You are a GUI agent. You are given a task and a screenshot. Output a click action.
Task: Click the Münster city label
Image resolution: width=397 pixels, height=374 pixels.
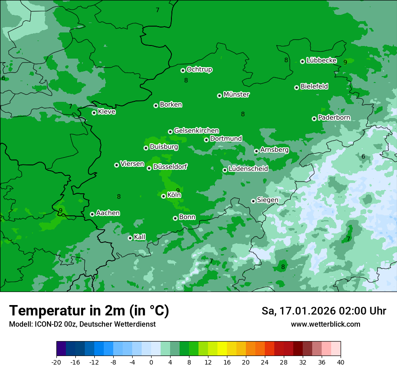[236, 95]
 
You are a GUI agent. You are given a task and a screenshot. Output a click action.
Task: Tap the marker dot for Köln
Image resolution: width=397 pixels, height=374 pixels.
[163, 196]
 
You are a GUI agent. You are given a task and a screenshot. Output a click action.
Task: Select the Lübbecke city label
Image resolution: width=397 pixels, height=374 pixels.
[321, 60]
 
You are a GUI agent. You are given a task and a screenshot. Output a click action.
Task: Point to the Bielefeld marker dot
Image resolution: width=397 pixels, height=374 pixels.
[296, 87]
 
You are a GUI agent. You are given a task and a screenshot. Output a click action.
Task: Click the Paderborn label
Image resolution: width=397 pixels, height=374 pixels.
[334, 118]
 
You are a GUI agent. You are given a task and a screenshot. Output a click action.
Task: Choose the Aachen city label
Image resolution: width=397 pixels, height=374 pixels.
[108, 213]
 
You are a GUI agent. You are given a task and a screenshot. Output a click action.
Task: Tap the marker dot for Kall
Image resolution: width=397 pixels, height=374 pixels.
[130, 238]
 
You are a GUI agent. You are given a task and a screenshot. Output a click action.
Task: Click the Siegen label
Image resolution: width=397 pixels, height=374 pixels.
[268, 200]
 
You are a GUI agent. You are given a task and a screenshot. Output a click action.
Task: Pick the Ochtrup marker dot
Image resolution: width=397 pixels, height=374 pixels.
[183, 70]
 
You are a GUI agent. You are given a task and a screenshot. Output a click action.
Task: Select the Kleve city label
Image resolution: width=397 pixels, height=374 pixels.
[106, 112]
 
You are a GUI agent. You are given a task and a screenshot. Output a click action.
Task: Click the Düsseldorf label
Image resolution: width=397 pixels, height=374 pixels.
[170, 167]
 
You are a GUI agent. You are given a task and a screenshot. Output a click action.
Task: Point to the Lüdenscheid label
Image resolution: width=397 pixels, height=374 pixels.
[248, 169]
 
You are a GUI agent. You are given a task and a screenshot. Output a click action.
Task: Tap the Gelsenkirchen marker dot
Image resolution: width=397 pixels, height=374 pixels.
[170, 132]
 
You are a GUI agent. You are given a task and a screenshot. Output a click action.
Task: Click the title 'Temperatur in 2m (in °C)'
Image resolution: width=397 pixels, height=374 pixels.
[89, 310]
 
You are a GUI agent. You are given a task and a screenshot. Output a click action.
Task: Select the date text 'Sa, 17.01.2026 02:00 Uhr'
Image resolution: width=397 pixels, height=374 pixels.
[323, 311]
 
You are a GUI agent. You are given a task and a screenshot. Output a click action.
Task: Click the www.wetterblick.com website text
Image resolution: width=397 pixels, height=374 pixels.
[325, 324]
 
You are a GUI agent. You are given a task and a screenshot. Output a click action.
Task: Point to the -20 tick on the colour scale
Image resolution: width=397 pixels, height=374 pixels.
[56, 362]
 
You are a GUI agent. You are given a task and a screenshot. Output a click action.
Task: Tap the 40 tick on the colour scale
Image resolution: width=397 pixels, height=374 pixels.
[340, 362]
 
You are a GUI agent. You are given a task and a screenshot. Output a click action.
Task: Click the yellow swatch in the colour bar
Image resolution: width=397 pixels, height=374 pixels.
[222, 349]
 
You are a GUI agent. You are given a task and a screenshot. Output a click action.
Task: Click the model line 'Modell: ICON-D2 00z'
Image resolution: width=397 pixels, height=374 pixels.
[82, 324]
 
